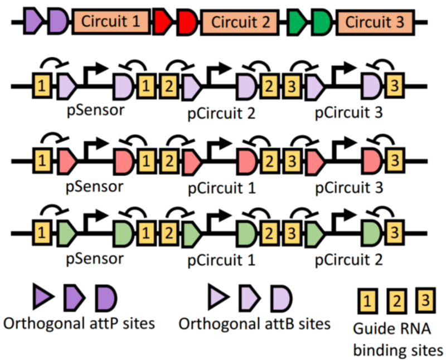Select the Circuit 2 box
[241, 22]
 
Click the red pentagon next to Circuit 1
[162, 22]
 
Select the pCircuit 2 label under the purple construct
[221, 114]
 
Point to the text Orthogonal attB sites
[254, 323]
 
